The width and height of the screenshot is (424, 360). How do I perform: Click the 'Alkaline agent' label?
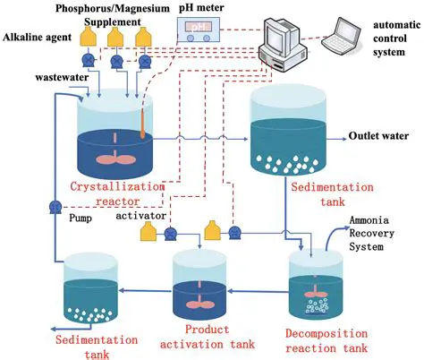pos(35,38)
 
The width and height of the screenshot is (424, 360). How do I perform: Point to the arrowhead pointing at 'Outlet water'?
pos(339,139)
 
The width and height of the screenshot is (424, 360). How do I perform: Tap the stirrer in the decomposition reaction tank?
pos(315,287)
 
